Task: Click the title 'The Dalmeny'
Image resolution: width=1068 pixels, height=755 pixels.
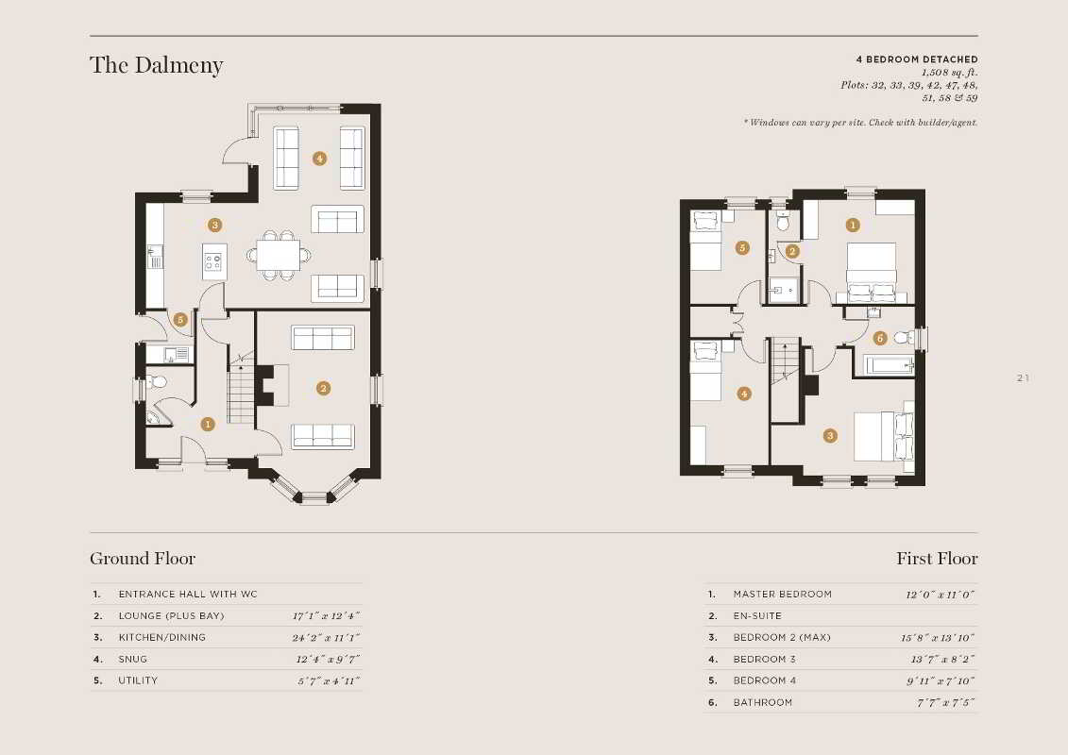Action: click(x=157, y=65)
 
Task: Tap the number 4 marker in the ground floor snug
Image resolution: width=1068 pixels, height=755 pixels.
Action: click(x=319, y=159)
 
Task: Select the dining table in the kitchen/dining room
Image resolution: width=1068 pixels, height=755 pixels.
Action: click(x=278, y=256)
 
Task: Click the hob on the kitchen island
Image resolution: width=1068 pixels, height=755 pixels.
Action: click(x=213, y=260)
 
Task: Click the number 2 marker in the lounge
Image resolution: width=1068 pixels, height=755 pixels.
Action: click(x=324, y=388)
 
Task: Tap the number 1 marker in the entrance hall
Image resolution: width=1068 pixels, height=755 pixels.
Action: click(x=208, y=424)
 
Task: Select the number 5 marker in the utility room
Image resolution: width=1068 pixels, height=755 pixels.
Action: click(x=180, y=320)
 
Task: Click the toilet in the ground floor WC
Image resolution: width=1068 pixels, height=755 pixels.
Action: click(x=156, y=382)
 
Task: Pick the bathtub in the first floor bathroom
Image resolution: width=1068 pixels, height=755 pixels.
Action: click(x=889, y=365)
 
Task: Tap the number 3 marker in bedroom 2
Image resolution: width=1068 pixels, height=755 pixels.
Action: click(x=830, y=436)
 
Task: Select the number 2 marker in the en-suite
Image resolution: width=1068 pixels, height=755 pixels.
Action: click(x=791, y=251)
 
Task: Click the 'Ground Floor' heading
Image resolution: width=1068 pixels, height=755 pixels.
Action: click(x=143, y=559)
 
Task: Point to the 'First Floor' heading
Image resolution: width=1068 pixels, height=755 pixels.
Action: click(x=938, y=559)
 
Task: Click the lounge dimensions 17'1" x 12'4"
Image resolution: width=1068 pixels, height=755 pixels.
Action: click(x=327, y=616)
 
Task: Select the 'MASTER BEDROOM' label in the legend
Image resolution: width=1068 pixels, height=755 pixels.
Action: click(x=783, y=595)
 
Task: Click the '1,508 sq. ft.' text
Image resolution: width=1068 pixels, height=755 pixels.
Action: click(x=949, y=72)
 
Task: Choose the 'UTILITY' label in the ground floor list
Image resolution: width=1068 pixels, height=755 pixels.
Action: click(x=138, y=680)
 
